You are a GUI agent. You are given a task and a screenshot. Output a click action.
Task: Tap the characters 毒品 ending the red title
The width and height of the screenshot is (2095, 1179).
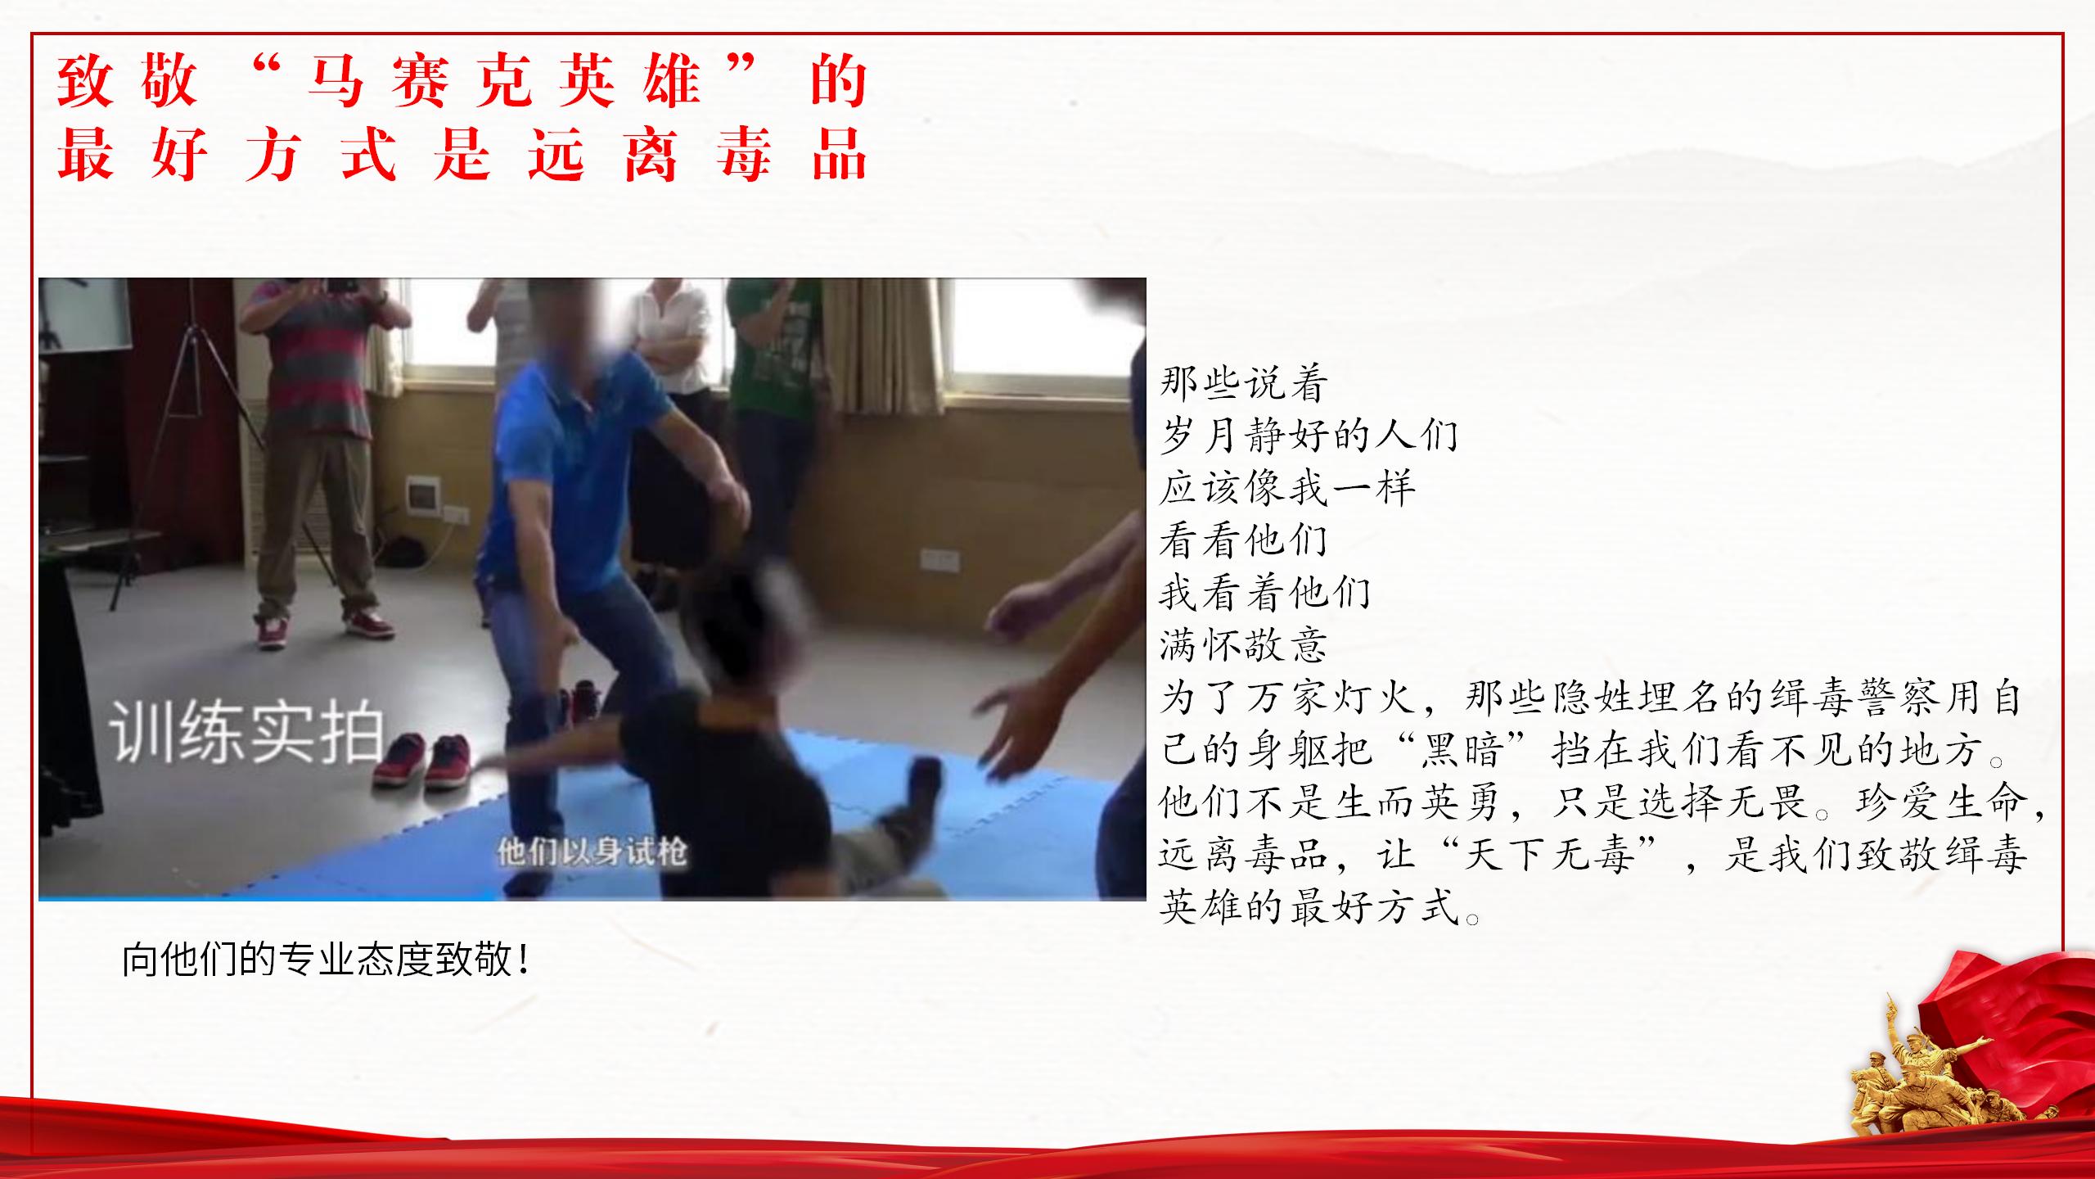click(x=791, y=154)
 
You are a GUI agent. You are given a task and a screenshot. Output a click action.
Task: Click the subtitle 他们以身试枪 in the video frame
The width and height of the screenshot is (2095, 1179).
click(x=592, y=852)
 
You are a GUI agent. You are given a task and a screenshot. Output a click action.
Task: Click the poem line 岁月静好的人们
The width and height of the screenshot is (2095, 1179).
click(x=1309, y=434)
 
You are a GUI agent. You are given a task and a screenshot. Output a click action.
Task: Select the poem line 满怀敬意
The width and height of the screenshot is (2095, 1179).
click(x=1243, y=645)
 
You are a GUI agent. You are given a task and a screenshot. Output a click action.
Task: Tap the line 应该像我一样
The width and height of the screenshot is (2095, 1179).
click(x=1287, y=487)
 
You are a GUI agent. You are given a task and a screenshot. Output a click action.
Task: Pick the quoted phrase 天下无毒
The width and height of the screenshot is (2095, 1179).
click(x=1548, y=854)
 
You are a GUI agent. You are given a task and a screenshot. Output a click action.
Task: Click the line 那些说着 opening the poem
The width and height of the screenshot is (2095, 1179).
click(x=1243, y=382)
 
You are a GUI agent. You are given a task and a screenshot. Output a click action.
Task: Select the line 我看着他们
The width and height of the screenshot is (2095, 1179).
click(x=1265, y=592)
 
